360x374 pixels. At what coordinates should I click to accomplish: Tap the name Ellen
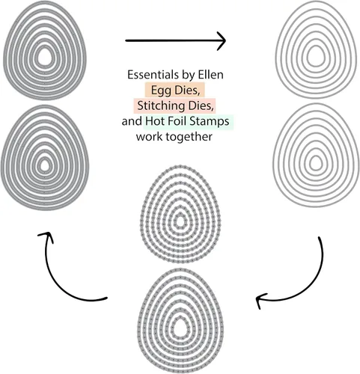(x=211, y=75)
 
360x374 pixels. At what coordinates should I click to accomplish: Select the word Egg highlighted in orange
(x=161, y=91)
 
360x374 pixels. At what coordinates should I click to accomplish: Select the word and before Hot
(x=132, y=121)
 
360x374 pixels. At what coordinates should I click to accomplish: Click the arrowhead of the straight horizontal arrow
(x=222, y=40)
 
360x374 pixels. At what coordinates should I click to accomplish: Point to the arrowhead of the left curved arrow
(x=46, y=236)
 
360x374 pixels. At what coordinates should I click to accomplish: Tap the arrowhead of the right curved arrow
(x=260, y=300)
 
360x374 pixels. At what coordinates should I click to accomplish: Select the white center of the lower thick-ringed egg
(x=45, y=165)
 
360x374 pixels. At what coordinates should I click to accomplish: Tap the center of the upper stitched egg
(x=180, y=221)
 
